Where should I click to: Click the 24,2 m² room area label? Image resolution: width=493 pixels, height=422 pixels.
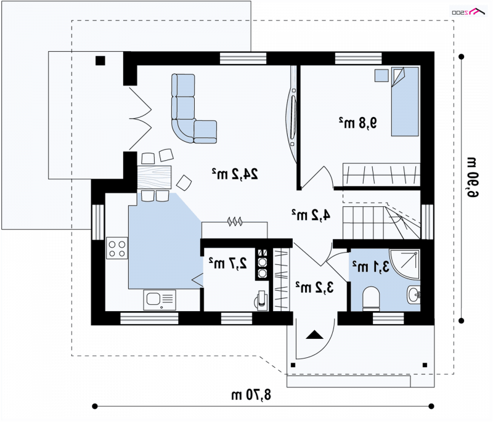(x=235, y=174)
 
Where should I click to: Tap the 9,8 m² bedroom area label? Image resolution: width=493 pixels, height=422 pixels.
(x=358, y=123)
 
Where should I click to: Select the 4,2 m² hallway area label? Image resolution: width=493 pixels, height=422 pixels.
(x=311, y=215)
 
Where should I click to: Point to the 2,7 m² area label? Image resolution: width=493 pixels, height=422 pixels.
(x=228, y=263)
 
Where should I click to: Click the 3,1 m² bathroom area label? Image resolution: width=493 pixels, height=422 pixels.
(x=371, y=267)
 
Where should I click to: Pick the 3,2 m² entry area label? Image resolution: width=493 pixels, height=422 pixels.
(x=314, y=287)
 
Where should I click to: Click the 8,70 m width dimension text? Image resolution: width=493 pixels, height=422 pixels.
(x=251, y=395)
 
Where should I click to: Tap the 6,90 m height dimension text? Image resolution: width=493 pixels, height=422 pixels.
(x=472, y=177)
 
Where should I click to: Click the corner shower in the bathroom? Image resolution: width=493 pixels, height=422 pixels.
(x=405, y=264)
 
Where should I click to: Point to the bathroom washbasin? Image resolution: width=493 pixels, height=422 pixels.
(x=414, y=294)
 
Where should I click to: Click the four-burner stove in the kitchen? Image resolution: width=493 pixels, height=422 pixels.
(x=117, y=248)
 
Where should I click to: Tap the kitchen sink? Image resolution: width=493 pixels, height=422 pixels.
(x=160, y=300)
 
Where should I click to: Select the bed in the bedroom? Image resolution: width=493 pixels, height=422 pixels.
(x=405, y=102)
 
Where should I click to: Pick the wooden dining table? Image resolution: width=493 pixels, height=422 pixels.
(x=155, y=177)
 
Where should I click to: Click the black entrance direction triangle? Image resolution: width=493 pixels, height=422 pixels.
(x=314, y=335)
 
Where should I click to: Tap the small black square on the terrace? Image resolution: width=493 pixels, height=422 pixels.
(x=100, y=60)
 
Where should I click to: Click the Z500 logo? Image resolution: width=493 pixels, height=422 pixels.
(x=468, y=12)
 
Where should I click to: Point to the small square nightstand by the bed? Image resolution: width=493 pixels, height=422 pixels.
(x=381, y=75)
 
